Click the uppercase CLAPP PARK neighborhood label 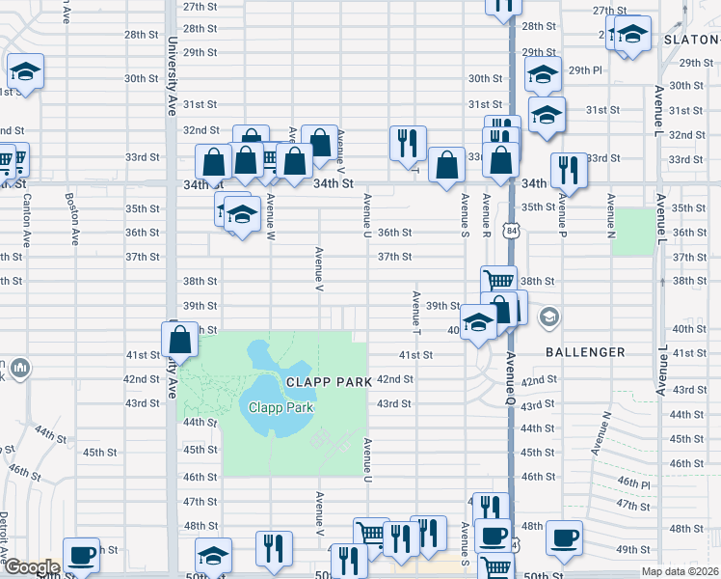[x=328, y=382]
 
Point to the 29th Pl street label [x=585, y=70]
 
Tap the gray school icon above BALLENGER [x=549, y=317]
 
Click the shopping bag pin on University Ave [x=180, y=340]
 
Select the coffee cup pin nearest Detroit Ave [x=82, y=556]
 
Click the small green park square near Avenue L [x=632, y=232]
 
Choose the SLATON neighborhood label [x=693, y=40]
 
